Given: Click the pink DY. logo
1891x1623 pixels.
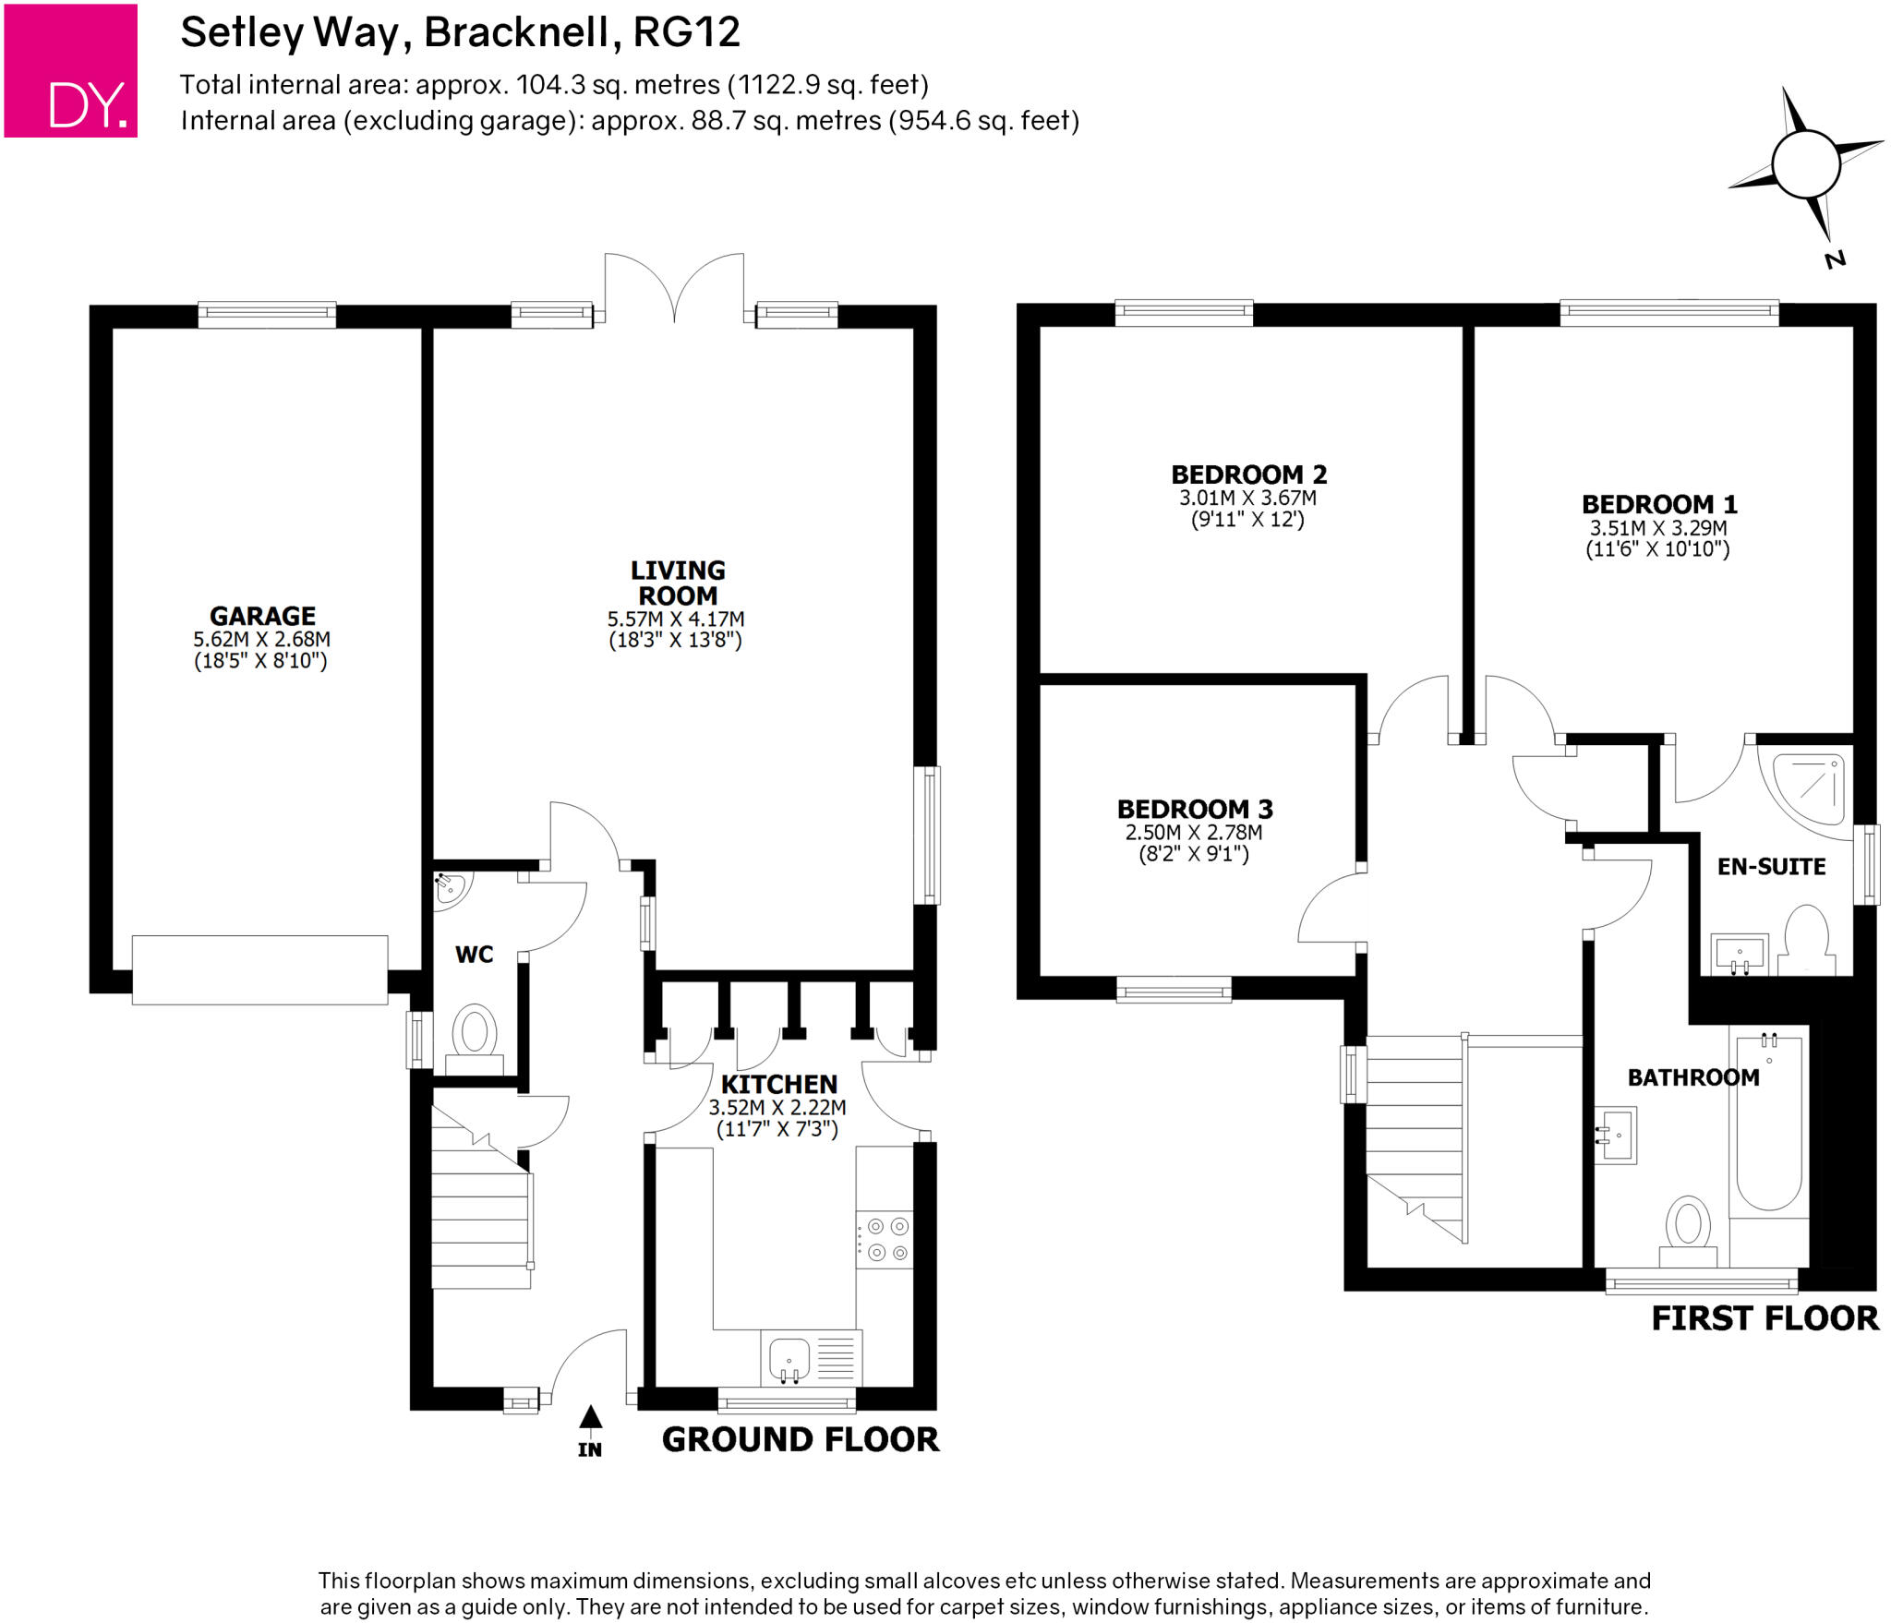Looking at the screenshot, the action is pyautogui.click(x=71, y=71).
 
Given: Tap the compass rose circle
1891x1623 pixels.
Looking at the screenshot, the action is pyautogui.click(x=1806, y=164).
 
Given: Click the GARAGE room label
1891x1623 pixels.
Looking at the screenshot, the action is pyautogui.click(x=262, y=616).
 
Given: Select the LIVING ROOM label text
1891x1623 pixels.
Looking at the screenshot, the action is pyautogui.click(x=678, y=583).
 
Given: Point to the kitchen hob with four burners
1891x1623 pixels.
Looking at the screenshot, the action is pyautogui.click(x=885, y=1239).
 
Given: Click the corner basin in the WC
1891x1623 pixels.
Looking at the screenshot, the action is pyautogui.click(x=452, y=888).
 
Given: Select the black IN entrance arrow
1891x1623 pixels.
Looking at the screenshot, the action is pyautogui.click(x=591, y=1416).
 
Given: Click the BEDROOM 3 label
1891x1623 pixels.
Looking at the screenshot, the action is pyautogui.click(x=1195, y=809).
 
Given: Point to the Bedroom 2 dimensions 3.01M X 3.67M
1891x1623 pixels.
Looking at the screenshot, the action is pyautogui.click(x=1247, y=498).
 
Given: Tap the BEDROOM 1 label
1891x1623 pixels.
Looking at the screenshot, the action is pyautogui.click(x=1659, y=504).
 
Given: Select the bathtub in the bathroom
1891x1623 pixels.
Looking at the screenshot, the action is pyautogui.click(x=1769, y=1123).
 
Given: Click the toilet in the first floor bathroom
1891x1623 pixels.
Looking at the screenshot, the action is pyautogui.click(x=1688, y=1232).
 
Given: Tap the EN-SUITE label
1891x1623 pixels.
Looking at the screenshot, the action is pyautogui.click(x=1771, y=866).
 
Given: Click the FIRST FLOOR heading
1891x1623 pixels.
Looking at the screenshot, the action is pyautogui.click(x=1765, y=1318).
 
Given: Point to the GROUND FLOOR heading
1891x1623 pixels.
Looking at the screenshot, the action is pyautogui.click(x=801, y=1439).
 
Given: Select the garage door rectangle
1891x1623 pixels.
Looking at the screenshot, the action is pyautogui.click(x=259, y=969).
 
